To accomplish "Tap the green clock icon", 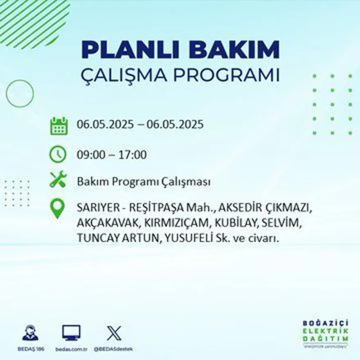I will tap(58, 154).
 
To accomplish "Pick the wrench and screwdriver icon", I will tap(58, 180).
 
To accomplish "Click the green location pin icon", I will tap(57, 208).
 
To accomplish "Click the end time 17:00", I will tap(133, 155).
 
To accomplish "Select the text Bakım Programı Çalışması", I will tap(144, 182).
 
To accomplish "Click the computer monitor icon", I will tap(71, 333).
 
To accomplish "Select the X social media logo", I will tap(114, 333).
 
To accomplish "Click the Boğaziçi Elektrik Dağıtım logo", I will tap(326, 332).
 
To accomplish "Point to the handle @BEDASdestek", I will tap(113, 349).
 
